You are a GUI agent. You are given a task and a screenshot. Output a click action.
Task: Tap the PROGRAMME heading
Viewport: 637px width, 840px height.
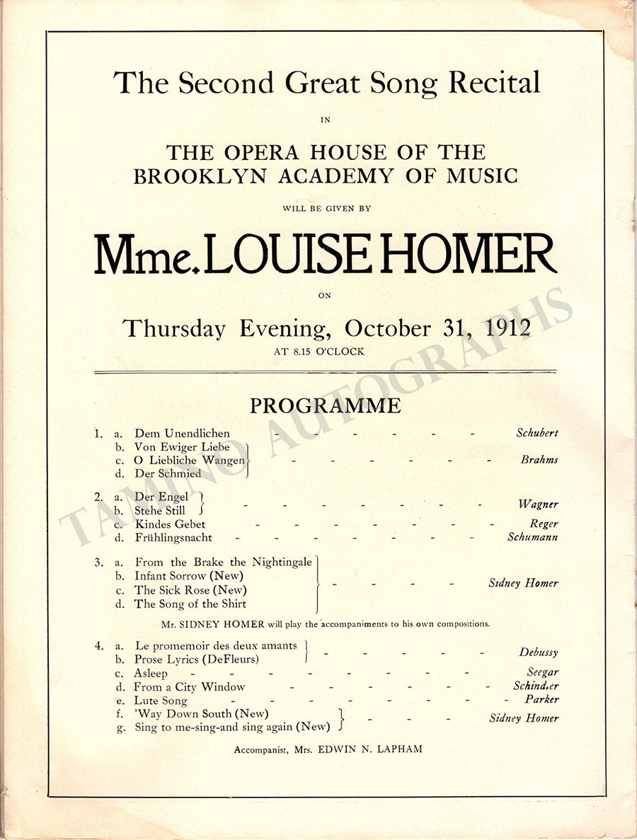coord(325,405)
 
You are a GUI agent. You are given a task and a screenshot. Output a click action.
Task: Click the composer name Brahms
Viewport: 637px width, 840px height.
coord(539,459)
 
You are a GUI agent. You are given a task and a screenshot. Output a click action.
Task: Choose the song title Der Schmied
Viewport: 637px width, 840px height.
coord(168,473)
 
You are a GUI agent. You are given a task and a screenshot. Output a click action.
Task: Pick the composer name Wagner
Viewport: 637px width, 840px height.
coord(538,504)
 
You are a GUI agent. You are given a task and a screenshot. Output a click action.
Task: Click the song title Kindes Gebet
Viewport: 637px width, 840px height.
coord(170,524)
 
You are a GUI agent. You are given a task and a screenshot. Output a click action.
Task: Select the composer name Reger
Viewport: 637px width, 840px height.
coord(544,524)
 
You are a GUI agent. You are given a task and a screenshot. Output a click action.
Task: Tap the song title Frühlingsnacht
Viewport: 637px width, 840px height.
coord(173,538)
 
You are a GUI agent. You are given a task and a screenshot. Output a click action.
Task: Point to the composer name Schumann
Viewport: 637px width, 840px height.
coord(532,537)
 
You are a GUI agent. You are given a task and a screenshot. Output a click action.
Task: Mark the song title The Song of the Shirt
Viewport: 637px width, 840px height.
coord(190,604)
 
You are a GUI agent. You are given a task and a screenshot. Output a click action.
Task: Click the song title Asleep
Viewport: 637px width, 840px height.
coord(151,674)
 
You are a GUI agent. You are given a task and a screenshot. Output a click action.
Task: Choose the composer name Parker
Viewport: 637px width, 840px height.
coord(543,699)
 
